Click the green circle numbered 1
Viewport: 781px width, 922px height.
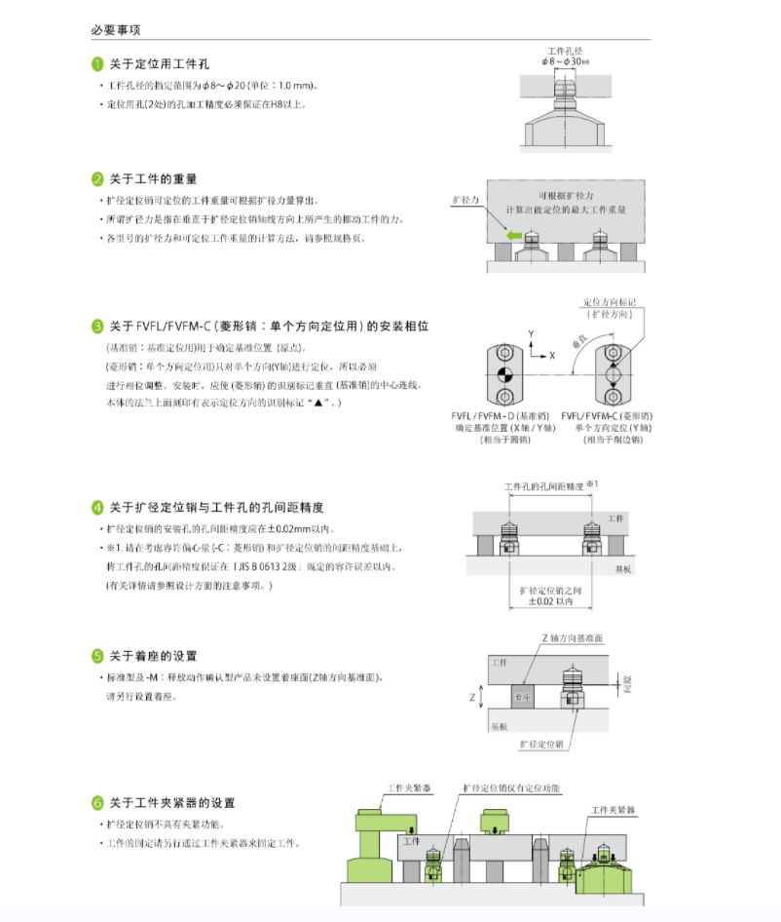[x=97, y=64]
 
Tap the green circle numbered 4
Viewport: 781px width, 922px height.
[x=97, y=508]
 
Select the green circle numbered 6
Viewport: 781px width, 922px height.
[x=97, y=803]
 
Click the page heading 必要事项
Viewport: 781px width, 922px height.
[x=116, y=30]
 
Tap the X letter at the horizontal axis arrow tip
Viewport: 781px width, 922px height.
[x=552, y=357]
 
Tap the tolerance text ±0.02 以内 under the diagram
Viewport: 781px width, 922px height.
[x=545, y=602]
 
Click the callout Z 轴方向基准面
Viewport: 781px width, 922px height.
[x=572, y=637]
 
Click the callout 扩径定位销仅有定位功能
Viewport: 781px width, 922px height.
[x=511, y=788]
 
